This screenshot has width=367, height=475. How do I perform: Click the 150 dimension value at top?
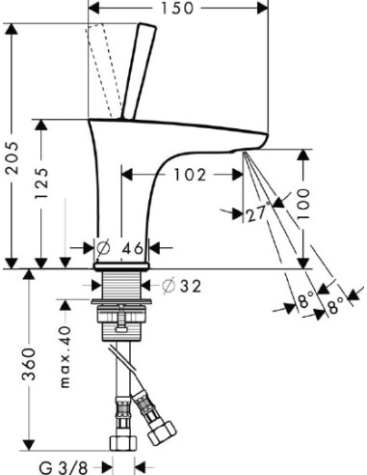[x=177, y=9]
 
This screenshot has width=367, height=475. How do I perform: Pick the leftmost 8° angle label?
[x=305, y=303]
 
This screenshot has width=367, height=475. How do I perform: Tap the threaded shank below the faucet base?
[x=122, y=285]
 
